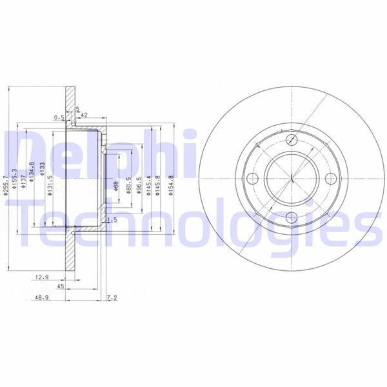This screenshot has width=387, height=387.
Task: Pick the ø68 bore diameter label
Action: pyautogui.click(x=116, y=187)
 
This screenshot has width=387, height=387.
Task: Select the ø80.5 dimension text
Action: pyautogui.click(x=129, y=186)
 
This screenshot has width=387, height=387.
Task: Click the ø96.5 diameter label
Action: pyautogui.click(x=139, y=186)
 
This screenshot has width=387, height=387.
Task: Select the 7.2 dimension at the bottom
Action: pyautogui.click(x=112, y=299)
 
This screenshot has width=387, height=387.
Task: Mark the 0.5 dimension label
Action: pyautogui.click(x=58, y=117)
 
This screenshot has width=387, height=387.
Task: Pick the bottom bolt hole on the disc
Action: pyautogui.click(x=292, y=219)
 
